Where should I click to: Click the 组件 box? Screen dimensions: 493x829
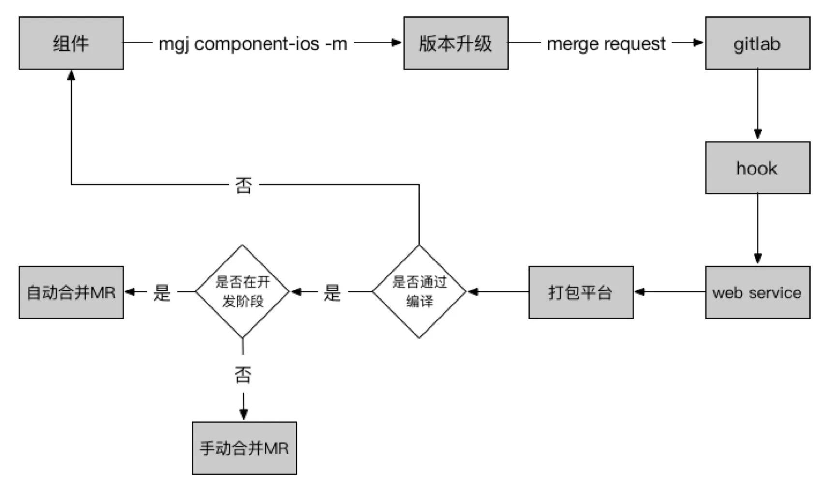point(71,43)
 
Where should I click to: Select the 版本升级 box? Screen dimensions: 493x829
point(456,43)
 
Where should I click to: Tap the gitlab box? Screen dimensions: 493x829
point(757,43)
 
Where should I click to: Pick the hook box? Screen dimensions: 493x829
point(757,168)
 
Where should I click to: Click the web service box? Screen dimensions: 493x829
point(757,292)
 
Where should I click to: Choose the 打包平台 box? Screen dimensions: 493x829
point(580,292)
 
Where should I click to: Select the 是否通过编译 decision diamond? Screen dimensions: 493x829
point(419,291)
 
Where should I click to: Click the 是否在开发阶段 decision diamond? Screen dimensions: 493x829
point(242,291)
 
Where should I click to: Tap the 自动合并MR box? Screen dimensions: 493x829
point(71,292)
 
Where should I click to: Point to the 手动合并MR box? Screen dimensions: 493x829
point(244,448)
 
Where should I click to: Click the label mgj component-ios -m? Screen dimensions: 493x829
point(253,43)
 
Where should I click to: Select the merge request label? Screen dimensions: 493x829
point(606,43)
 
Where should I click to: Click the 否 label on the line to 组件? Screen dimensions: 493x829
point(243,185)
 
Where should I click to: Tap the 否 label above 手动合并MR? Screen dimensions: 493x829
point(243,375)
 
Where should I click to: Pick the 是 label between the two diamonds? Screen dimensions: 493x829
point(332,292)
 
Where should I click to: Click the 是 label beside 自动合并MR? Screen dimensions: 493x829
point(162,292)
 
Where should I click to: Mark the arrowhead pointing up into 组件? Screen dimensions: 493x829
point(71,75)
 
